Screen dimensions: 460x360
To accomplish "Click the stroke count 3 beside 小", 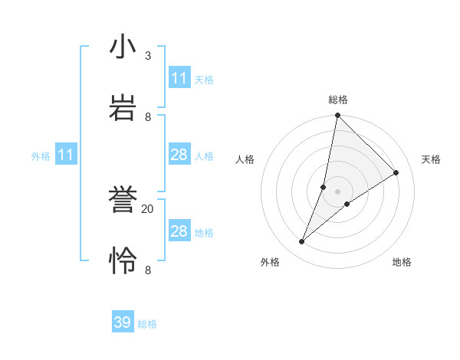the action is tap(148, 56).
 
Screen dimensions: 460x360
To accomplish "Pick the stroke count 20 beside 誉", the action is tap(148, 208).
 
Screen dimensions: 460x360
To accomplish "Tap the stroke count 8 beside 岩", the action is tap(148, 116).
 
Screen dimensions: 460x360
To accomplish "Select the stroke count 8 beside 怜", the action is tap(148, 270).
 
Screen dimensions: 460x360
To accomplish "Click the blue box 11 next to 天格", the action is tap(179, 78).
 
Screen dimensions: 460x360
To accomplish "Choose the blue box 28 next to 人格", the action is tap(179, 155).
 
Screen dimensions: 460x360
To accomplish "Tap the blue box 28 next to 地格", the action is tap(179, 231).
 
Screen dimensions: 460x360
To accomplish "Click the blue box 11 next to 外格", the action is tap(66, 155).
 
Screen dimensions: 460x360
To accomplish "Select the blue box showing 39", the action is tap(123, 322).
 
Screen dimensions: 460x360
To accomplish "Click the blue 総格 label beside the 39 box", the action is tap(147, 324).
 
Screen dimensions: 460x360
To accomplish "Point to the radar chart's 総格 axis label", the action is tap(338, 100).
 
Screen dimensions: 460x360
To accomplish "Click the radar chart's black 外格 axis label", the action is tap(269, 262).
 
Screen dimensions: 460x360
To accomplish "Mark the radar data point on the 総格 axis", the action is tap(338, 115).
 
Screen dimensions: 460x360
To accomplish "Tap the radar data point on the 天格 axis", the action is tap(396, 172).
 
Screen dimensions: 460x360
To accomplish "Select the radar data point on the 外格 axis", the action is tap(302, 242).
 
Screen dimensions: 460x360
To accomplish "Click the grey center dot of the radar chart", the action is tap(338, 191).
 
